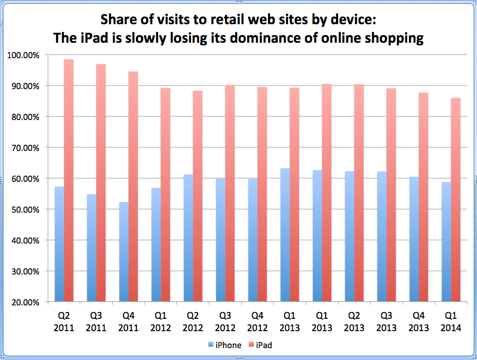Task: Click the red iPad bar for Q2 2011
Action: coord(68,180)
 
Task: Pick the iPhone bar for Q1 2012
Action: coord(156,245)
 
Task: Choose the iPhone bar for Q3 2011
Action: coord(92,248)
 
